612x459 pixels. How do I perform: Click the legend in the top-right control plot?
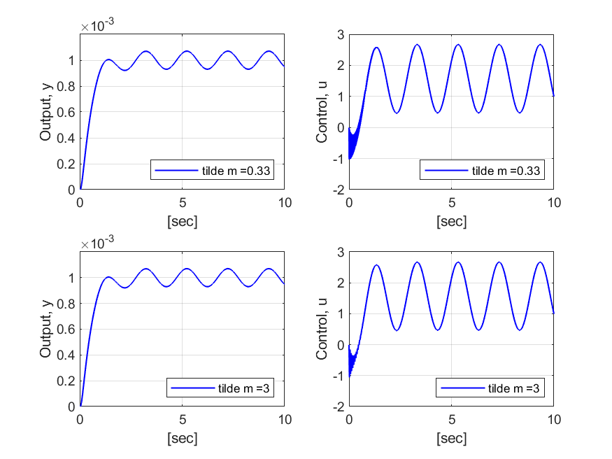[482, 170]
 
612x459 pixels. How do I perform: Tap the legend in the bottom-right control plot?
[490, 388]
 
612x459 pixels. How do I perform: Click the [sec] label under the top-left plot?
[182, 222]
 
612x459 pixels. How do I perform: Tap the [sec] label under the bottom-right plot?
[451, 439]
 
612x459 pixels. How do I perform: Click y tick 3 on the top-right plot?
[339, 34]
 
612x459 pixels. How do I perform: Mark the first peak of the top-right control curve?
[376, 48]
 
